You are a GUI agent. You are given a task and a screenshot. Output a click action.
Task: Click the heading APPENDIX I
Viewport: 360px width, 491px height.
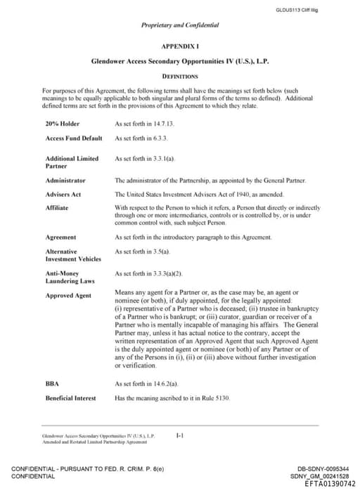[x=180, y=45]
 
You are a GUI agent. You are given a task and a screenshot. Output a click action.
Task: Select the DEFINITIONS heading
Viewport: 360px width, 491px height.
[x=180, y=76]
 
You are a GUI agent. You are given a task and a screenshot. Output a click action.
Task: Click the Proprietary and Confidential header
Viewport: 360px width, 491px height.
[x=180, y=25]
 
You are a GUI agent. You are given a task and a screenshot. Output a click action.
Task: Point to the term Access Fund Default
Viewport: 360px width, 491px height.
[x=74, y=138]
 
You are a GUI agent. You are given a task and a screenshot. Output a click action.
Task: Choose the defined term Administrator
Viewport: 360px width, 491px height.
[x=65, y=181]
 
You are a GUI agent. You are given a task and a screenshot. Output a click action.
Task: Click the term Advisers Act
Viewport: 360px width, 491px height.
[x=63, y=194]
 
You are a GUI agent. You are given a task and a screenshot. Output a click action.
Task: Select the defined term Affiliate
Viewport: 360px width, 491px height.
[x=57, y=208]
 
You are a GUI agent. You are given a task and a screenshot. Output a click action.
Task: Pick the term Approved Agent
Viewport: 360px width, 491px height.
[x=69, y=296]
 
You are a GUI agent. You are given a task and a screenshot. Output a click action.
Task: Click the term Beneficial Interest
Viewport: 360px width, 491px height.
[x=70, y=398]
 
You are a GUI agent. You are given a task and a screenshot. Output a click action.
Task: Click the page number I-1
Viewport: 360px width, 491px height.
[x=180, y=436]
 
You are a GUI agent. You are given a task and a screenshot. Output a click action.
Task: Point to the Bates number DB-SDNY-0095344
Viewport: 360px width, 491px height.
[x=323, y=469]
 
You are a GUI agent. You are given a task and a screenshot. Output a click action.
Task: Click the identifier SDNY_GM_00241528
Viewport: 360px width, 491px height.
[x=323, y=476]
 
